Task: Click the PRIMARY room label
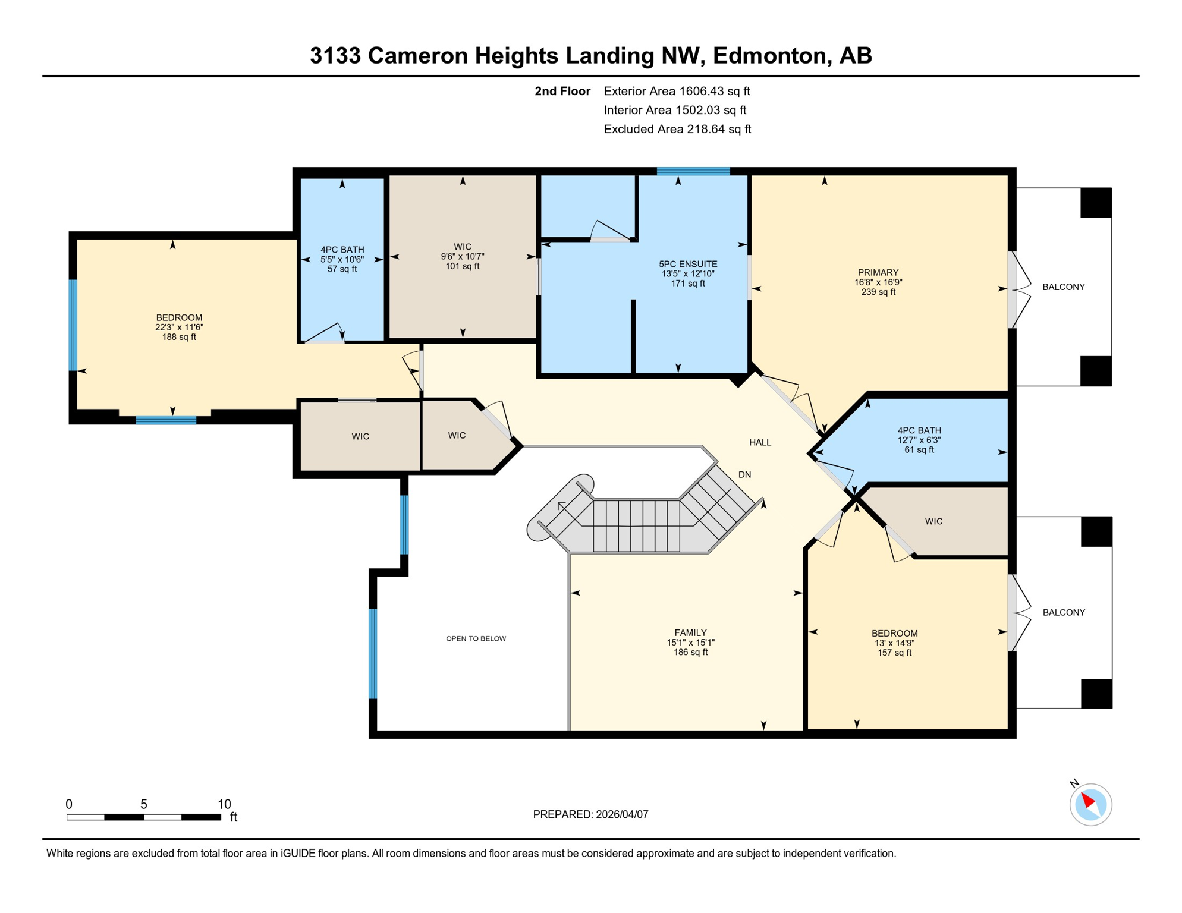(878, 272)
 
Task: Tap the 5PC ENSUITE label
(688, 264)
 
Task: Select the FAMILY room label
(690, 632)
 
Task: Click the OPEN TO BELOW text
(476, 638)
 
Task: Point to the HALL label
(760, 442)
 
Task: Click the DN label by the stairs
(744, 474)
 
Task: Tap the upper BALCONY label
(1063, 287)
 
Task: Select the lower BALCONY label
(1063, 612)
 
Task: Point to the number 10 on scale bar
(224, 804)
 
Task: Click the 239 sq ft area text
(878, 292)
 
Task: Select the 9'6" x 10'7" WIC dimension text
(462, 256)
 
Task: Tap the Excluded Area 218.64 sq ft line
(677, 129)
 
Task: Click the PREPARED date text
(590, 814)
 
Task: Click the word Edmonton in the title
(769, 55)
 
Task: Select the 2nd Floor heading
(562, 91)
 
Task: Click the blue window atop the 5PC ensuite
(693, 171)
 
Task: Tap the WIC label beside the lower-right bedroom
(933, 521)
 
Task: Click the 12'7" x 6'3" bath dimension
(919, 440)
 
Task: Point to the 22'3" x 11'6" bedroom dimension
(179, 327)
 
